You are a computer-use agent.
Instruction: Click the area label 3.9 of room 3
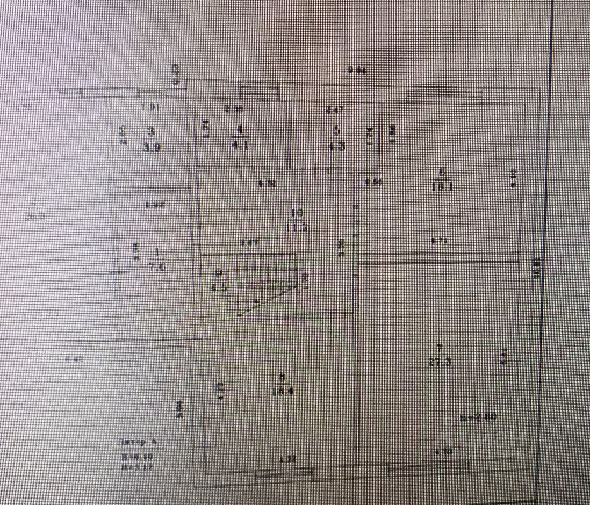click(152, 148)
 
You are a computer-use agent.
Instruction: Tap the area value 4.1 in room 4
click(240, 145)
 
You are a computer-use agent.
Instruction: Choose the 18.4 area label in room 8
click(282, 391)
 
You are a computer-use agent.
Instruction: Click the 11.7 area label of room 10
click(297, 228)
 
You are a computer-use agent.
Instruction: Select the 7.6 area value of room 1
click(157, 267)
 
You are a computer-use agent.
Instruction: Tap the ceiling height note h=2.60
click(478, 417)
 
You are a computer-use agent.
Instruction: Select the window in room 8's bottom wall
click(284, 476)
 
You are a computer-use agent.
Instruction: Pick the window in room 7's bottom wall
click(428, 468)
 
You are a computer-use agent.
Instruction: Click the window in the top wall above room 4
click(259, 90)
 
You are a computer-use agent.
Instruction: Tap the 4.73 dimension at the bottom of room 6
click(439, 241)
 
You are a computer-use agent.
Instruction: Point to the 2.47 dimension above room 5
click(335, 110)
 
